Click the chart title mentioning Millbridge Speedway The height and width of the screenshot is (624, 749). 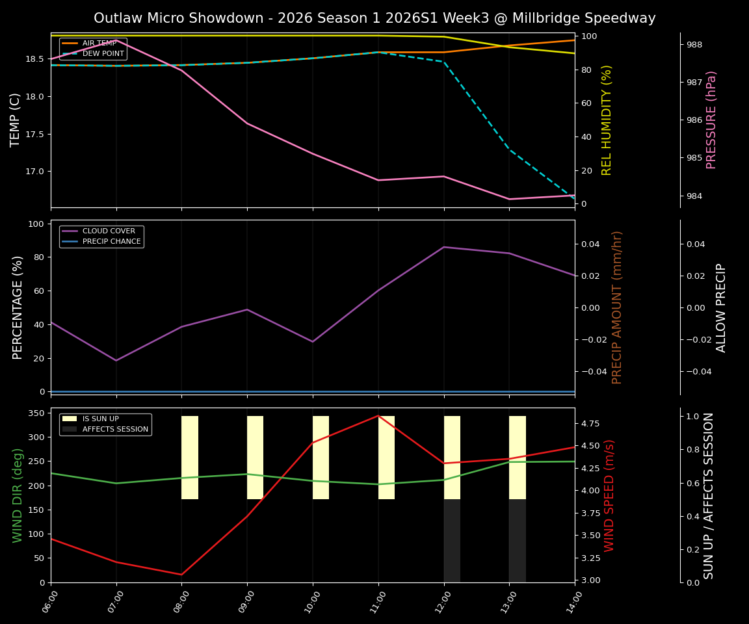374,18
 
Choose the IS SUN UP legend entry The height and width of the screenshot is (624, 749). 100,419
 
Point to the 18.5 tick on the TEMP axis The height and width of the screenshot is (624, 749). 34,59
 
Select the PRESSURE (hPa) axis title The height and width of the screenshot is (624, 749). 711,120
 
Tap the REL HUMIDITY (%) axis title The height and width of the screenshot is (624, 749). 607,120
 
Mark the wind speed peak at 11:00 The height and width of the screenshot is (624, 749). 378,415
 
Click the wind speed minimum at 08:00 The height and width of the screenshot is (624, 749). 181,575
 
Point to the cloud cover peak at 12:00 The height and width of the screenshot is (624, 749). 444,247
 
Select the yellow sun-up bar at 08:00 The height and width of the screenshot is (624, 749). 190,458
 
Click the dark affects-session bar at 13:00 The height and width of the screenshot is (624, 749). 517,541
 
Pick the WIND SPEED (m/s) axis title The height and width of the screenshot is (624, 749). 609,495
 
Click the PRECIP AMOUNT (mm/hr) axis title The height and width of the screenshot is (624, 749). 617,307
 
